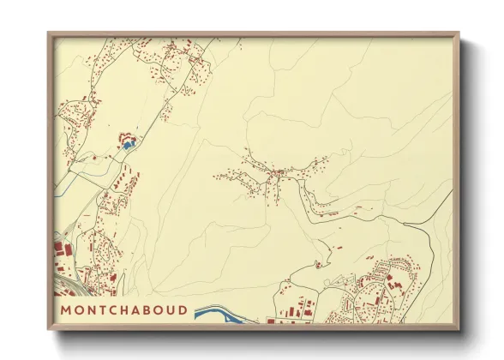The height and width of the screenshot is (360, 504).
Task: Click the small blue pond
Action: click(128, 146)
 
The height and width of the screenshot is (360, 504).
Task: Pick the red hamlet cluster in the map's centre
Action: click(277, 175)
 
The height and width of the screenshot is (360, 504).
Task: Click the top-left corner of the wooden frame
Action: click(49, 33)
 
